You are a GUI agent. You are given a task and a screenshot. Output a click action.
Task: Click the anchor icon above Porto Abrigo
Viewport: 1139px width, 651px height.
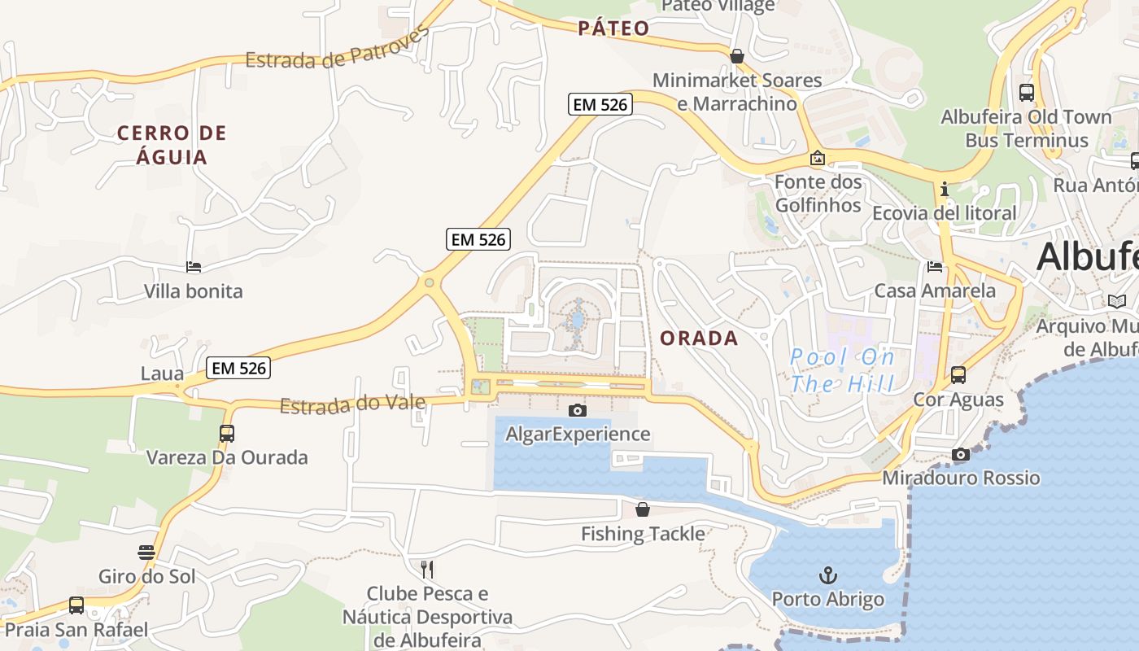(827, 576)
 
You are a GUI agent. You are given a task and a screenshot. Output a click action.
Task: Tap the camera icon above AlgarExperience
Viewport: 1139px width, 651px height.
(578, 410)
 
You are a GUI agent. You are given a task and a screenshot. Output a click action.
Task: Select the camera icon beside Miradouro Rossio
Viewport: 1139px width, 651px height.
(961, 455)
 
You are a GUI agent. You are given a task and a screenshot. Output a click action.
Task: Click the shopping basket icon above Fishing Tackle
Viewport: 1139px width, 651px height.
(643, 510)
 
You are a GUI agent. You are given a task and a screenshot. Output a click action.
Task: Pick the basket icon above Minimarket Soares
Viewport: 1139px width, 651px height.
(737, 56)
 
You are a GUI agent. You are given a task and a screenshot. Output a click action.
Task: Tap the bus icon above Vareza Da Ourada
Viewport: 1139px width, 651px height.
(227, 434)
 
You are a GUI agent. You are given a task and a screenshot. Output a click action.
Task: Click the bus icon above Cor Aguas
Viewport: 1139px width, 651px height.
(958, 375)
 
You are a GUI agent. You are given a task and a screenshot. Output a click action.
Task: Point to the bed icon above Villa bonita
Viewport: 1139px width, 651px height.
(194, 267)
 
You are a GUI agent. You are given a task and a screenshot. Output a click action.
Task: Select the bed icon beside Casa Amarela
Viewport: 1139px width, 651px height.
(935, 267)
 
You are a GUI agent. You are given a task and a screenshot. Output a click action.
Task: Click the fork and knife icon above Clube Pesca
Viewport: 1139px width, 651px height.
(427, 569)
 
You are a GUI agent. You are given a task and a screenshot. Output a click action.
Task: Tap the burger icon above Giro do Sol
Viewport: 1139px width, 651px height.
(146, 553)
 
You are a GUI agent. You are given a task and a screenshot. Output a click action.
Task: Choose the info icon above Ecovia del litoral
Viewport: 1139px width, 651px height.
(944, 190)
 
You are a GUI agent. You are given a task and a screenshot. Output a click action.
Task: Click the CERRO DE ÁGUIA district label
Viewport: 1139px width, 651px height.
(172, 145)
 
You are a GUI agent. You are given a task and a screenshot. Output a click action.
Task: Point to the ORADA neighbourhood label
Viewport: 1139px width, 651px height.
(700, 339)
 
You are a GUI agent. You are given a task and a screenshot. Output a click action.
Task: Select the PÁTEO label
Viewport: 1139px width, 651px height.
(614, 28)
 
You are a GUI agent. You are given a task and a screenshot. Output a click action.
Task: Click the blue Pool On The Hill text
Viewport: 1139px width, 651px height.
(843, 370)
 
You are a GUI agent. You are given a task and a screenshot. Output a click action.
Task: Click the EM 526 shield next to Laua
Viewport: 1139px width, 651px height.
(238, 368)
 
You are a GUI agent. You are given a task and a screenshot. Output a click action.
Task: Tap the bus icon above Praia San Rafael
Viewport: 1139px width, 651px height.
(76, 605)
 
